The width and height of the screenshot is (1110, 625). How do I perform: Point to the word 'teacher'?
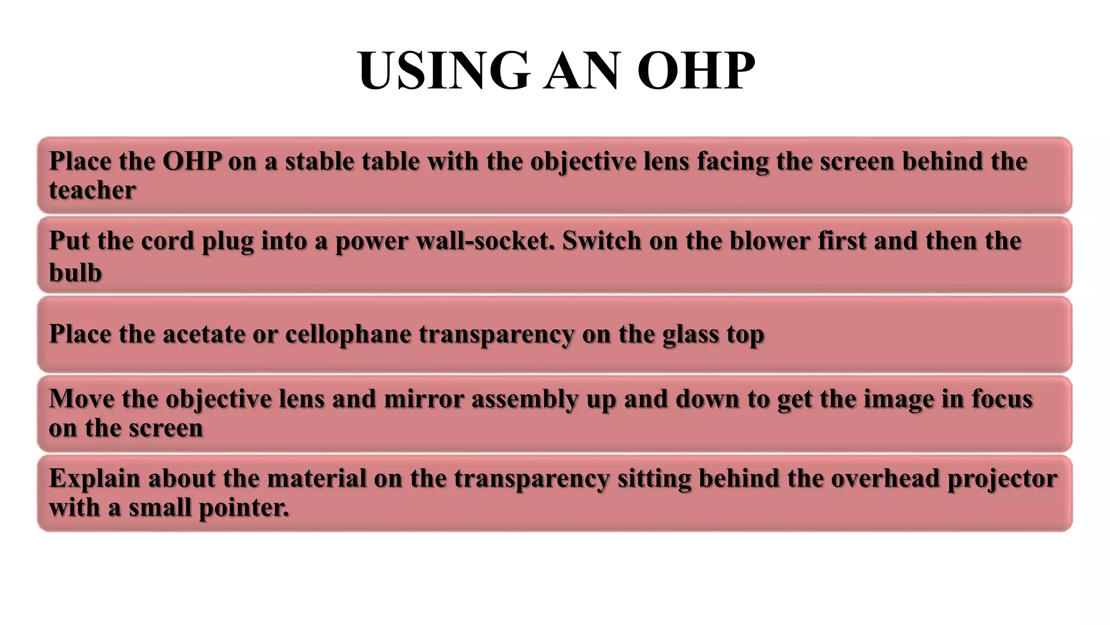click(92, 190)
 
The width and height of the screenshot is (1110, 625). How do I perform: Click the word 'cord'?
click(167, 241)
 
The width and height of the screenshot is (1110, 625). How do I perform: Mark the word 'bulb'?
click(75, 272)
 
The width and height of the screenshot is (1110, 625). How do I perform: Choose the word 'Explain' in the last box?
click(95, 479)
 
